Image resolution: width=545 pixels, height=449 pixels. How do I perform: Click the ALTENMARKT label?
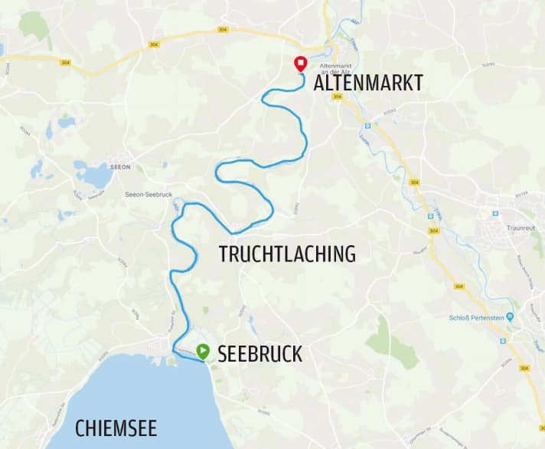tap(368, 84)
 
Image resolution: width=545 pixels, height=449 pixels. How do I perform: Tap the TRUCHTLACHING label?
tap(287, 254)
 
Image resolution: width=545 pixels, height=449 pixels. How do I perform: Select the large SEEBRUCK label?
tap(259, 354)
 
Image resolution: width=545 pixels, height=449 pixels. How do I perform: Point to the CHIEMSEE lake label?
tap(116, 427)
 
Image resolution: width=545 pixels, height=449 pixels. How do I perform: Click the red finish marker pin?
tap(301, 64)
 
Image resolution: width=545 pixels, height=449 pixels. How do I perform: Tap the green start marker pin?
tap(202, 352)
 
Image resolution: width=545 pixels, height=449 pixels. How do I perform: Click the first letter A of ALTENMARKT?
tap(320, 84)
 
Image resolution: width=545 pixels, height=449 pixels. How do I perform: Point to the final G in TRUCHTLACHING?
tap(349, 254)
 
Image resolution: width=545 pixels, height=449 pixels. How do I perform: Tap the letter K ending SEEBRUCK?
tap(296, 354)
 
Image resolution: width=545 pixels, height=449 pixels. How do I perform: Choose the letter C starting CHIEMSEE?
tap(80, 427)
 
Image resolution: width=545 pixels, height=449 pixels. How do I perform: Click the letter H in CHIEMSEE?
tap(92, 427)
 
